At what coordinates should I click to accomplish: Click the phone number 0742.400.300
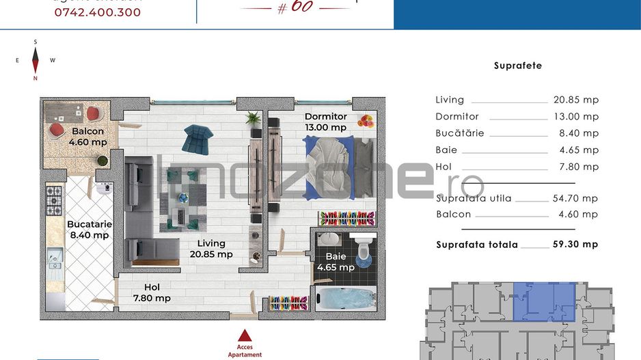pos(97,12)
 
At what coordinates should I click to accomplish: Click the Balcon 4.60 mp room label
pos(88,137)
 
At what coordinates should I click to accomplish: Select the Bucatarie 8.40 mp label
pos(89,230)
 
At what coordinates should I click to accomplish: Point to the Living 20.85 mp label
pos(211,249)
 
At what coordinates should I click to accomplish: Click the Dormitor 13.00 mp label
pos(326,122)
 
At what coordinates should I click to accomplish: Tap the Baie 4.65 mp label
pos(336,262)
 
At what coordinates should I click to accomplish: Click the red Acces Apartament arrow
pos(245,335)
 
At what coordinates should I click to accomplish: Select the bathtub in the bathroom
pos(345,299)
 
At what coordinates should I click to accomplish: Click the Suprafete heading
pos(517,66)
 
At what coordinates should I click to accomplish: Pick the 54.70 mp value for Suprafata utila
pos(575,198)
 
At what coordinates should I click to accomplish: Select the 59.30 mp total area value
pos(575,244)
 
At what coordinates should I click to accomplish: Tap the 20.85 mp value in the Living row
pos(575,100)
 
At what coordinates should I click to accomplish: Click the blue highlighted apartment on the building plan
pos(545,301)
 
